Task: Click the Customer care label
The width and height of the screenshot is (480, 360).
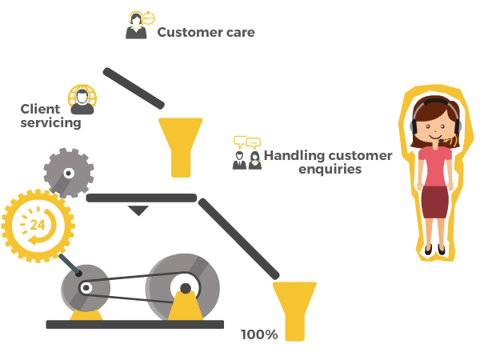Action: click(x=206, y=33)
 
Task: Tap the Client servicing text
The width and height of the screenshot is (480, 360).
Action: click(x=51, y=117)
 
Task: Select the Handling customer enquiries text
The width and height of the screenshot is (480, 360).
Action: click(x=328, y=162)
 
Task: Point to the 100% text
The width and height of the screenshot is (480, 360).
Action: click(x=259, y=334)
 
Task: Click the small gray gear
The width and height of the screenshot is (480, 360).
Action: click(x=69, y=172)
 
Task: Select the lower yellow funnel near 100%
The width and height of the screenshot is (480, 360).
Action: click(x=294, y=308)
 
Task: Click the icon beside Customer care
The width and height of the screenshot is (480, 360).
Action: click(x=138, y=26)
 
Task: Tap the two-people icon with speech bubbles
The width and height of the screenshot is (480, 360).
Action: click(x=246, y=153)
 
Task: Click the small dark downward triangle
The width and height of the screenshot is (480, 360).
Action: click(x=138, y=210)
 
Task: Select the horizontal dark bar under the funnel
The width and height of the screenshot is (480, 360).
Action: click(x=141, y=198)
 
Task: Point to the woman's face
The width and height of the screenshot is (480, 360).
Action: click(x=435, y=125)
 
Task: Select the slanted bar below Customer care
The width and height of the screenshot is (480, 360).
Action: click(x=134, y=88)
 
